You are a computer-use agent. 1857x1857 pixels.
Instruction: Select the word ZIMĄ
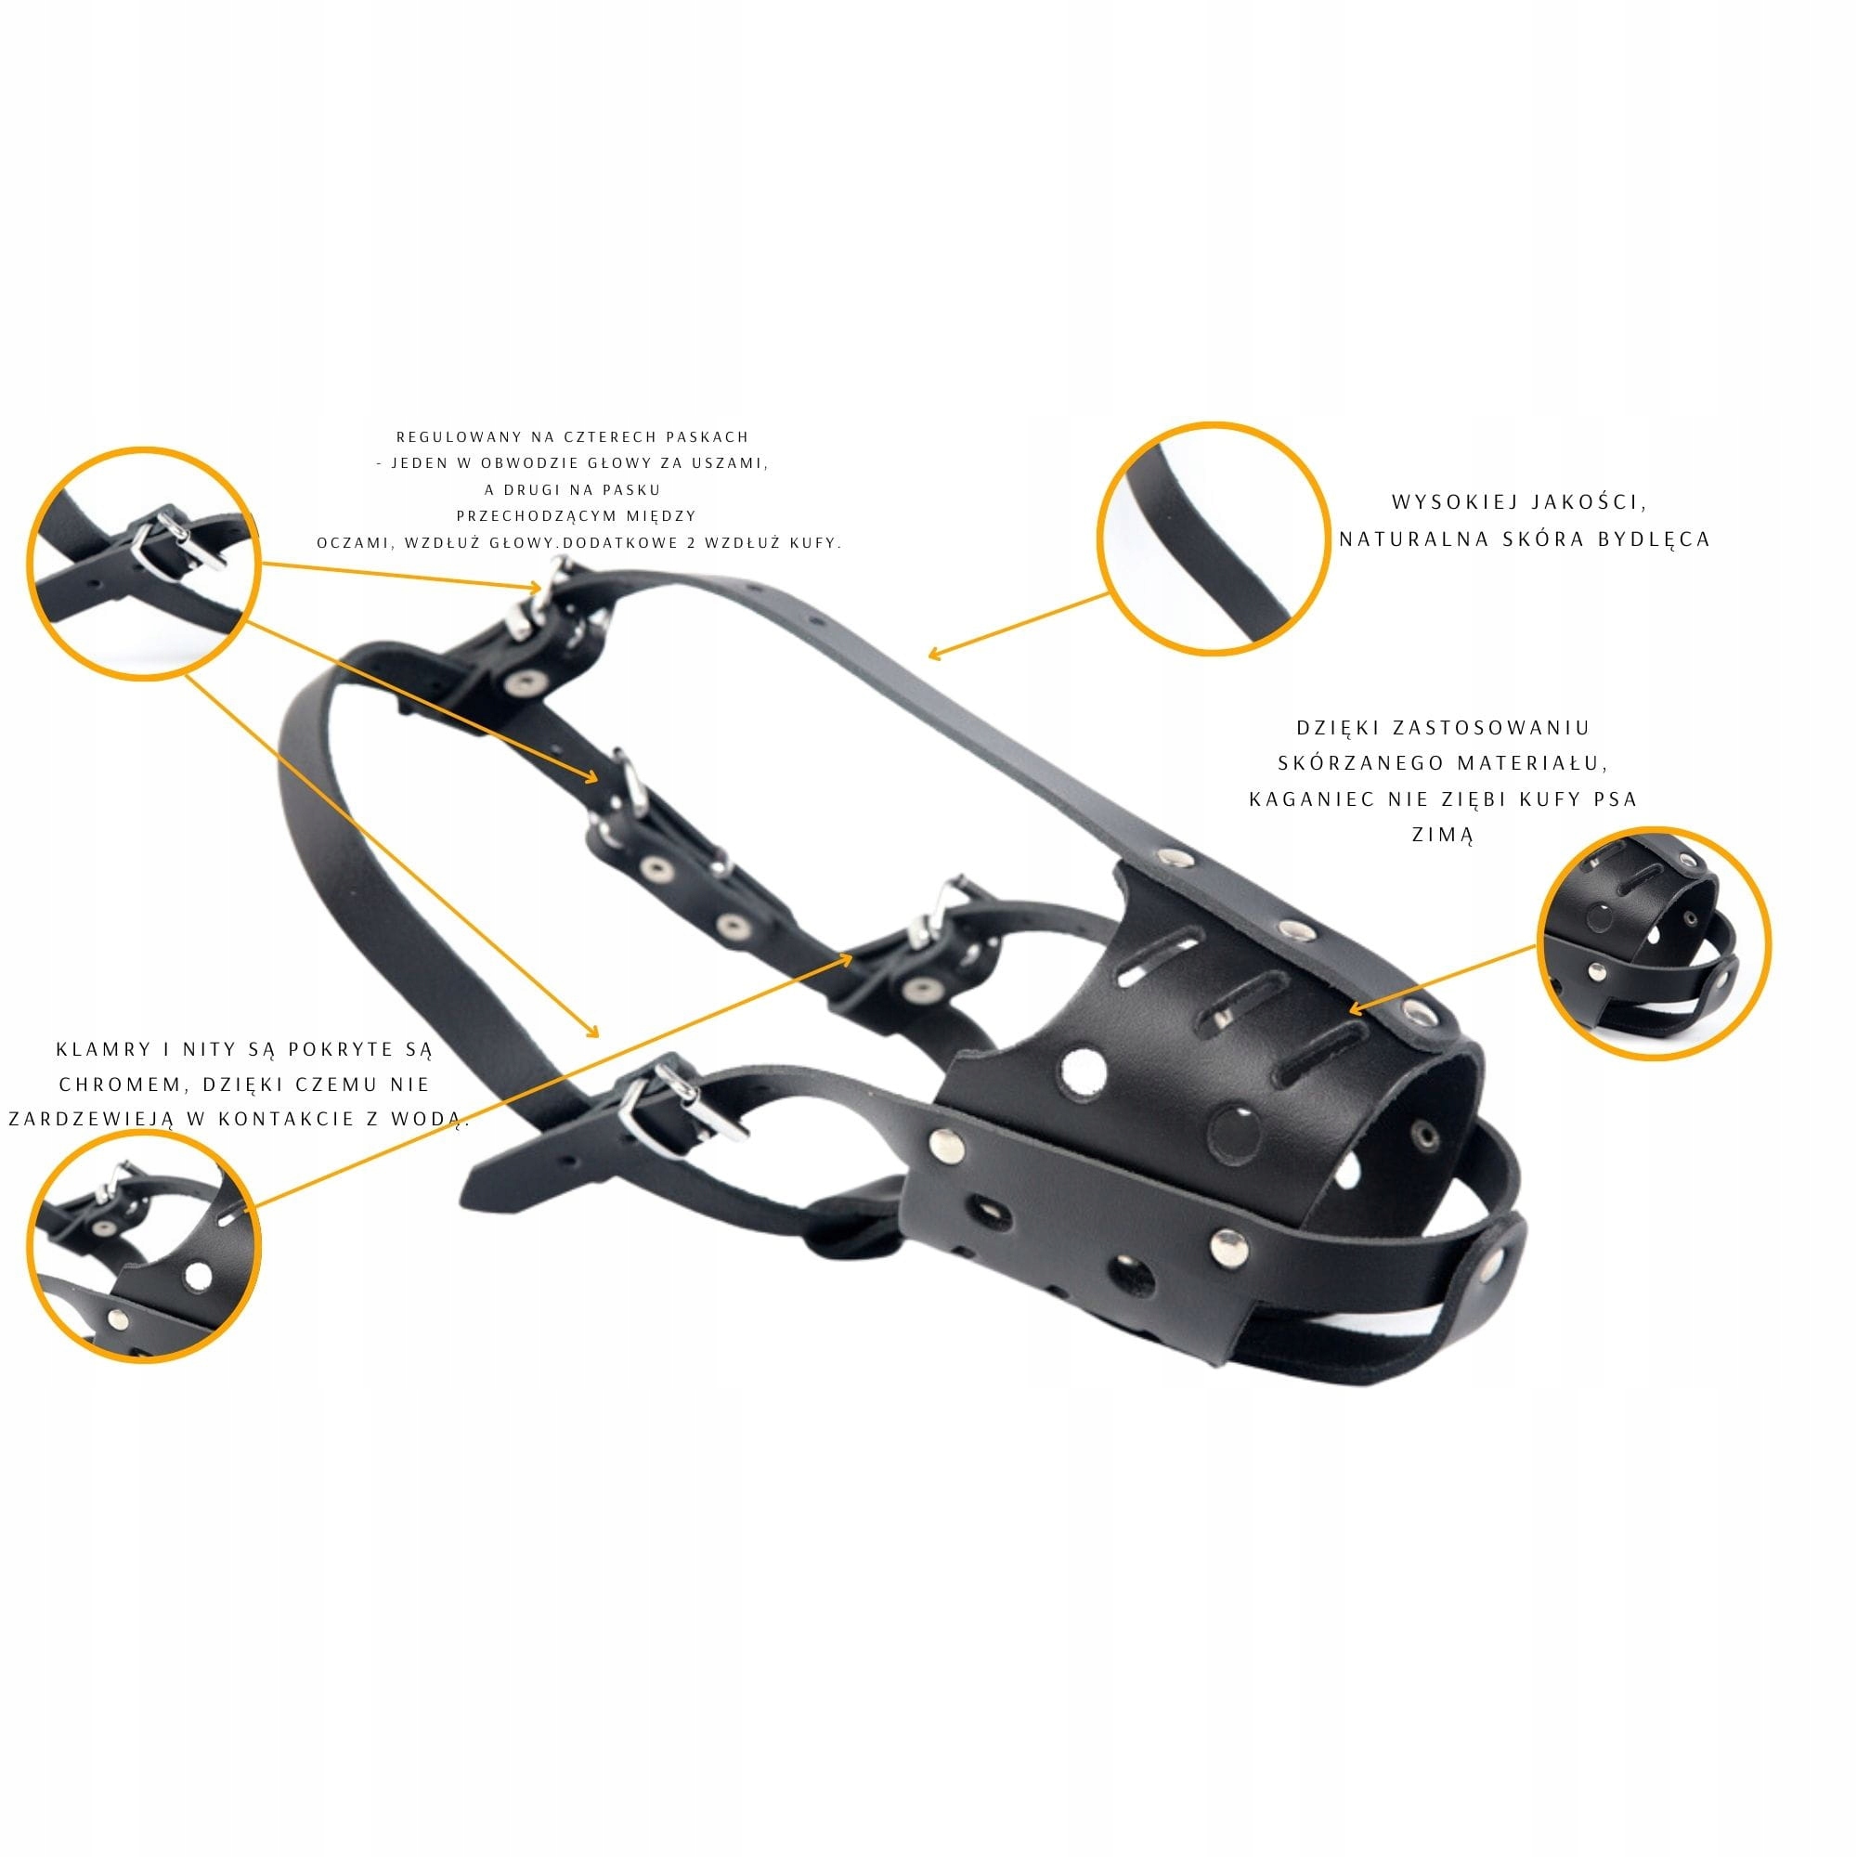pos(1443,836)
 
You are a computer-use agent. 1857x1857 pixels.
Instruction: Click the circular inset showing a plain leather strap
pos(1213,539)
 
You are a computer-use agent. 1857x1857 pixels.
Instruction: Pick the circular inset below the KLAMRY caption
pos(144,1247)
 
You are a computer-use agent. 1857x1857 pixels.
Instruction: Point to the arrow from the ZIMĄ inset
pos(1443,978)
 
